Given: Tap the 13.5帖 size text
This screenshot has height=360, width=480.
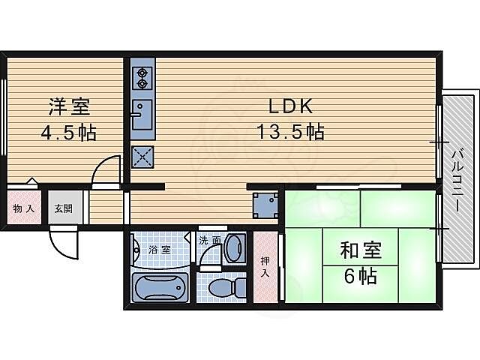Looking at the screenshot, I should tap(291, 133).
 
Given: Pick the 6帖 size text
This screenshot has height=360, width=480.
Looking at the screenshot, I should tap(361, 276).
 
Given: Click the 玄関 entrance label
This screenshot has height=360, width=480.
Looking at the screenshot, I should tap(63, 208).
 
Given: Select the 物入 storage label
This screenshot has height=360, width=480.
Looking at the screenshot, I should tap(22, 208).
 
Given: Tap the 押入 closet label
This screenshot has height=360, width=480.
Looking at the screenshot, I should tap(265, 267).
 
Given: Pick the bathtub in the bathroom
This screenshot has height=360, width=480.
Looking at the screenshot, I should tap(159, 287).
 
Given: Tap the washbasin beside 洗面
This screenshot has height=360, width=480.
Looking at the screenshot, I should tap(233, 248).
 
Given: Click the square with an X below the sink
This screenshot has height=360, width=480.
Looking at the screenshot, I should tap(142, 156).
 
